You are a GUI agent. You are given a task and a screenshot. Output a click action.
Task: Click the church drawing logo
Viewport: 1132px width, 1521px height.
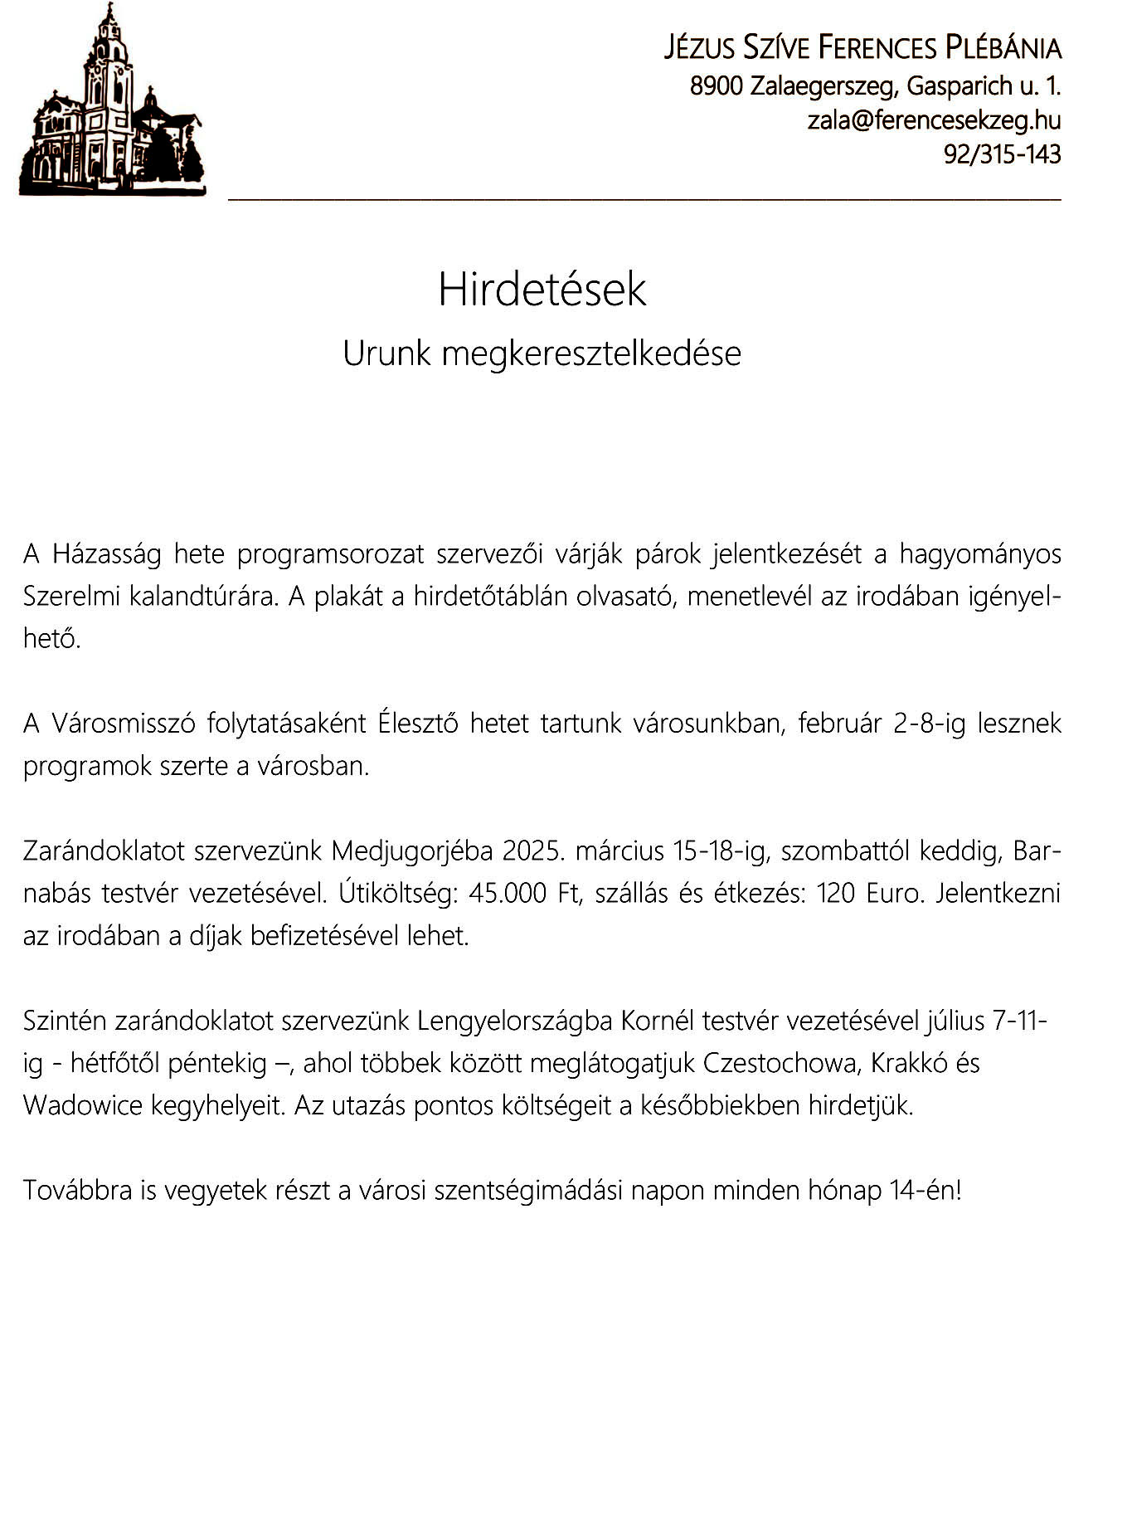(112, 103)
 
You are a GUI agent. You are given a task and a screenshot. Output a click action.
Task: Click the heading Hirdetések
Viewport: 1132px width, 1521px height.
(542, 290)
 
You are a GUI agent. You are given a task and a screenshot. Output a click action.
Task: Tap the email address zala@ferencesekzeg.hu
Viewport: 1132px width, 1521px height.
(935, 120)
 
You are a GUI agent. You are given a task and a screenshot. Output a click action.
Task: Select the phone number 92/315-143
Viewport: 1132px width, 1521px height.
(1002, 154)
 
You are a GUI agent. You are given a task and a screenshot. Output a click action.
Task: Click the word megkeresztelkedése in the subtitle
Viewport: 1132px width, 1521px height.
(591, 354)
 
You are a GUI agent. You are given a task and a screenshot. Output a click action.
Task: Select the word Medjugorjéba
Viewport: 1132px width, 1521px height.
(412, 851)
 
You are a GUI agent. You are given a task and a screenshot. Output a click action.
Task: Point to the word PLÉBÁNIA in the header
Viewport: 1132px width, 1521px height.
(1003, 49)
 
